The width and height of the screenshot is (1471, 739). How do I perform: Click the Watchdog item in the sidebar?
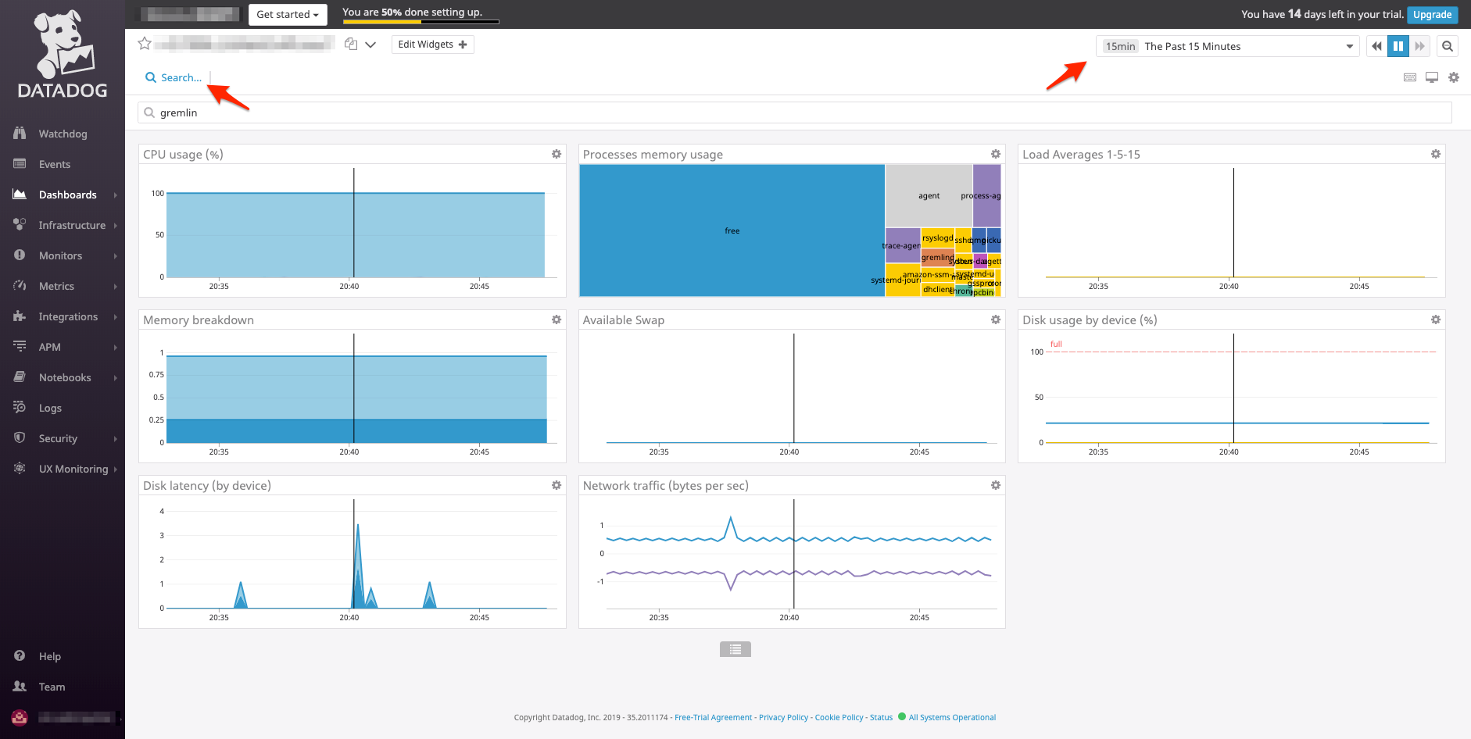(x=63, y=134)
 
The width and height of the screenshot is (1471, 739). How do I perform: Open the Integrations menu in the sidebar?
(x=68, y=316)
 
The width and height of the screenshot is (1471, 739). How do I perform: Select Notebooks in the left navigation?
(x=65, y=377)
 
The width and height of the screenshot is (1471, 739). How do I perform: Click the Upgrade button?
(x=1432, y=14)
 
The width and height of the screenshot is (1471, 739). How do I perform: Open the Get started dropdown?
(x=288, y=14)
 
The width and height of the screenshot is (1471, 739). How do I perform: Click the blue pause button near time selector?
(x=1398, y=46)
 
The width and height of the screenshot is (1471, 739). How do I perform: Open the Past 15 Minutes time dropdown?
(x=1227, y=46)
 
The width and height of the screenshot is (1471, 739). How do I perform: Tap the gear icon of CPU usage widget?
(x=557, y=154)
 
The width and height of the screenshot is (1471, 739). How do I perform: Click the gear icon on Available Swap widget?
(x=996, y=320)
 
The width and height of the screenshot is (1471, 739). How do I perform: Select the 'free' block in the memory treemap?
(x=732, y=230)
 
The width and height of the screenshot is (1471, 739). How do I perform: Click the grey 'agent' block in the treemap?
(x=929, y=195)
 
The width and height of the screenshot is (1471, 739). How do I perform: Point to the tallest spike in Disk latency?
(x=358, y=526)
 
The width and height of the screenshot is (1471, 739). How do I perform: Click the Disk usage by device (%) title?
(x=1090, y=320)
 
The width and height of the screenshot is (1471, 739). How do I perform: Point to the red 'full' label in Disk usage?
(x=1056, y=344)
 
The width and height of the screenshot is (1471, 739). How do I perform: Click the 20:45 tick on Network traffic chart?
(x=919, y=617)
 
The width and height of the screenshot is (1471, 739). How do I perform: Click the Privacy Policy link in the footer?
(x=783, y=717)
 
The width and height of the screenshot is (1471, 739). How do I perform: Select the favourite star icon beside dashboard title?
(x=145, y=44)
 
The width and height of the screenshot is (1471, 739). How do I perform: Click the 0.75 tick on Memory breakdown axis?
(x=156, y=375)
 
